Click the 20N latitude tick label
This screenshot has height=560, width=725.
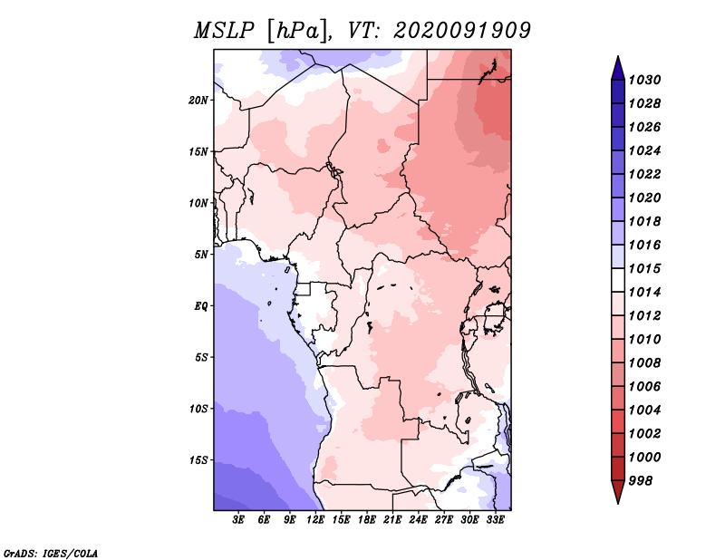coord(198,101)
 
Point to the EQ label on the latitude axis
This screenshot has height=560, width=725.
coord(200,306)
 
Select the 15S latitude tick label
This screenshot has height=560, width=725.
coord(198,460)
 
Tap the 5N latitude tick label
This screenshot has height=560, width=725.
coord(201,255)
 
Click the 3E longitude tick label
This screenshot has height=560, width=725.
coord(237,520)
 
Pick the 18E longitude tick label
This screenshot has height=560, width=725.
coord(367,520)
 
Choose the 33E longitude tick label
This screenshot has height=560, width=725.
coord(495,520)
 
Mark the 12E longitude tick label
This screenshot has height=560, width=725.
coord(315,520)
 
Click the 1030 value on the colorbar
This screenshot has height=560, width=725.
coord(644,80)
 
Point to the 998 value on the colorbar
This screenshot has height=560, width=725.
coord(641,481)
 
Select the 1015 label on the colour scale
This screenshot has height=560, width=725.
coord(644,268)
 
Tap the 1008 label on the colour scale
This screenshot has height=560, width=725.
coord(644,363)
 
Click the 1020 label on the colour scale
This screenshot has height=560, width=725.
coord(644,198)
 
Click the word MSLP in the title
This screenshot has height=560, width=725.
coord(225,31)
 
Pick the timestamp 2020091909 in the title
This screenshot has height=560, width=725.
coord(462,31)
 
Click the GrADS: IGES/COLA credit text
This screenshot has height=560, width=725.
coord(51,553)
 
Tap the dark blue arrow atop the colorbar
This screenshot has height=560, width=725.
coord(618,69)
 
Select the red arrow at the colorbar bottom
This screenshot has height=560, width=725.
coord(618,491)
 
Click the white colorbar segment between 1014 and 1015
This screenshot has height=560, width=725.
coord(618,280)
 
